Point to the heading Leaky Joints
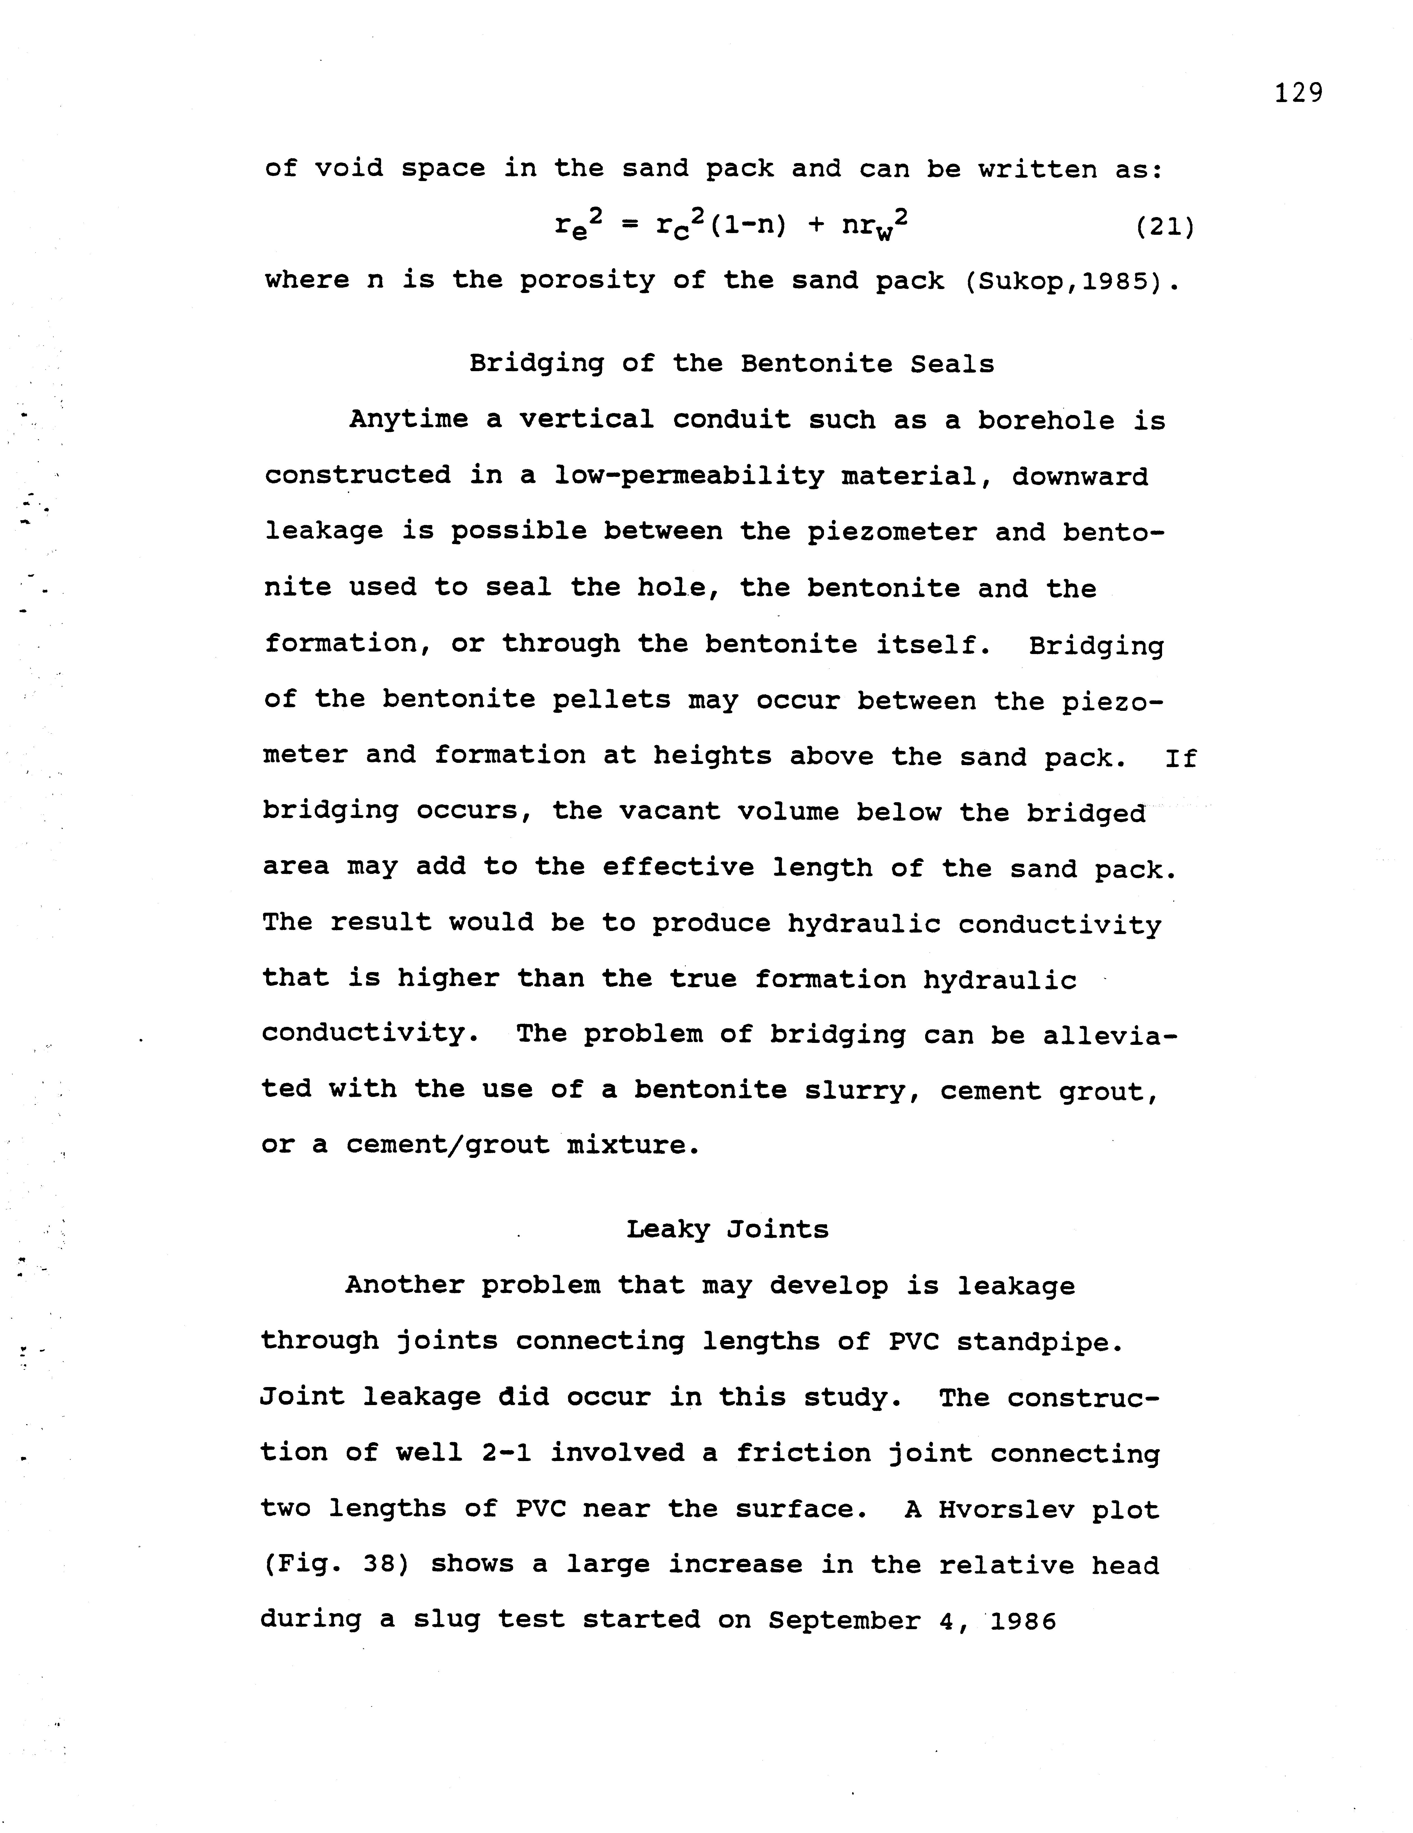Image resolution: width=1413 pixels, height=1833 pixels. (727, 1230)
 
